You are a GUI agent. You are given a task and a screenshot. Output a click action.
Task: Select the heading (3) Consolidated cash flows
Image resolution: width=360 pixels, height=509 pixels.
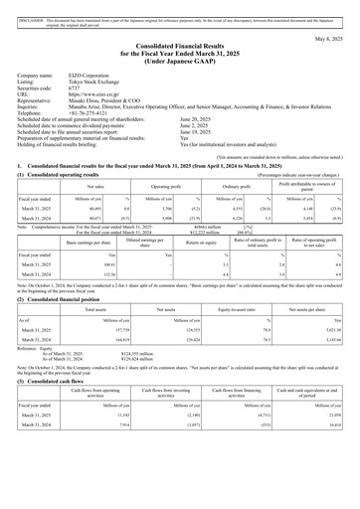coord(50,432)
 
